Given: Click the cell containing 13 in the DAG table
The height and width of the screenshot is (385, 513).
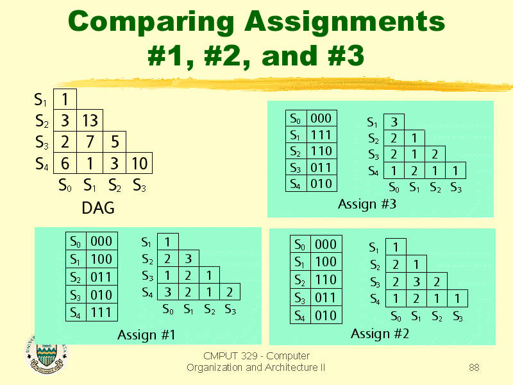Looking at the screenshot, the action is (90, 121).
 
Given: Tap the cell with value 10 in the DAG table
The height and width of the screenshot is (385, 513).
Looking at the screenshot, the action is (139, 163).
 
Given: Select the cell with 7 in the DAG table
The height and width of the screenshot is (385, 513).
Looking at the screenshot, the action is (90, 142).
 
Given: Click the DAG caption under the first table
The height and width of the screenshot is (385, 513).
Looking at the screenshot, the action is (98, 208).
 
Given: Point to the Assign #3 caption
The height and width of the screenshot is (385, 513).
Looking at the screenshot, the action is (367, 204).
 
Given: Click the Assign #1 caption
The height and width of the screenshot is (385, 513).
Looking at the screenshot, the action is (146, 334).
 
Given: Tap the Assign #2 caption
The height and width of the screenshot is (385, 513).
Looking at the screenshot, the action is (380, 334).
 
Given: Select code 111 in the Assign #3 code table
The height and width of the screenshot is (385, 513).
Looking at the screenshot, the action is (321, 135).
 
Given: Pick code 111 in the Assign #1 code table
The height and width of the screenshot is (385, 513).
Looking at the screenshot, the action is (101, 312).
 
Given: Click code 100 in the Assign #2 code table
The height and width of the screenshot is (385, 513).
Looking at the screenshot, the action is (326, 262).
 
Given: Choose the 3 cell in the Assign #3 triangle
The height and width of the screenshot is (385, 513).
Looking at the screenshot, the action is (394, 122).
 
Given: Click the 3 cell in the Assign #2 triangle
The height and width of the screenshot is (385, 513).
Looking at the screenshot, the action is (416, 281).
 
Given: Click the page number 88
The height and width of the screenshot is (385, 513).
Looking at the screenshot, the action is (474, 367).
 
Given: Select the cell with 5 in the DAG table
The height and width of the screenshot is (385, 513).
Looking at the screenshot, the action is (115, 142).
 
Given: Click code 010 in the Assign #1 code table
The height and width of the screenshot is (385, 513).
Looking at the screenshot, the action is (101, 295).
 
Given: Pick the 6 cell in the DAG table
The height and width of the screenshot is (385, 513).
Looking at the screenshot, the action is (65, 163).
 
